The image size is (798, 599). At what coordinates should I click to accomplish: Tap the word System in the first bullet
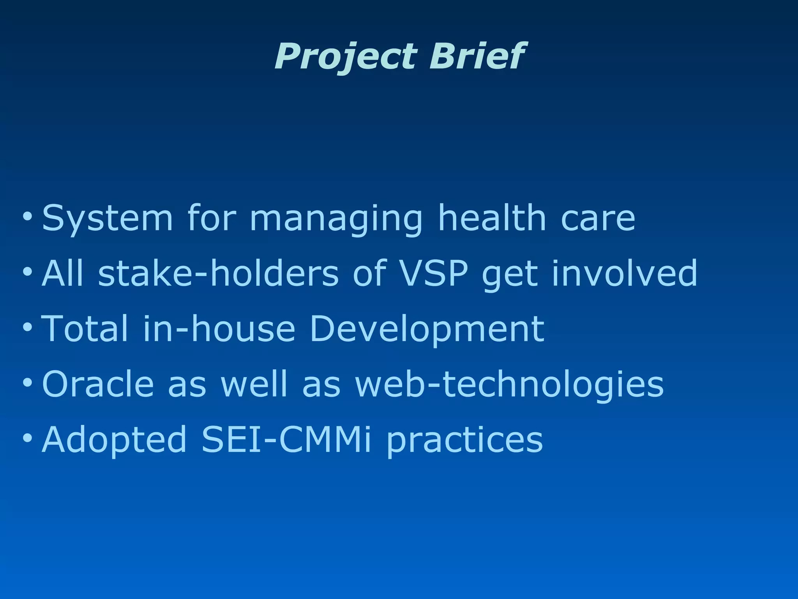(107, 218)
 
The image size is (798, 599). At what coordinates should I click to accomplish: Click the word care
(598, 218)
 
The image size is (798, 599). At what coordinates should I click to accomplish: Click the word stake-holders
(218, 273)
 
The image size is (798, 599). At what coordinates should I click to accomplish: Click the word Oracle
(98, 385)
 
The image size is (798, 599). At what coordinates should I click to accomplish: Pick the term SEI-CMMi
(286, 440)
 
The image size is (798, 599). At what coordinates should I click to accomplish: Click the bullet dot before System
(27, 216)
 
